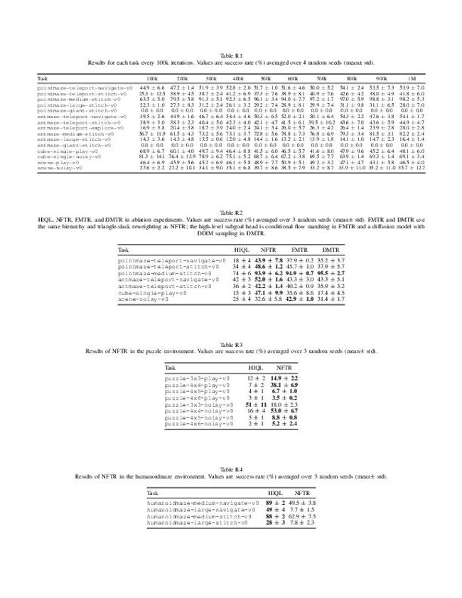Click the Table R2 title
point(230,213)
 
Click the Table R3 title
point(230,345)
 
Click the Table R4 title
point(230,470)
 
